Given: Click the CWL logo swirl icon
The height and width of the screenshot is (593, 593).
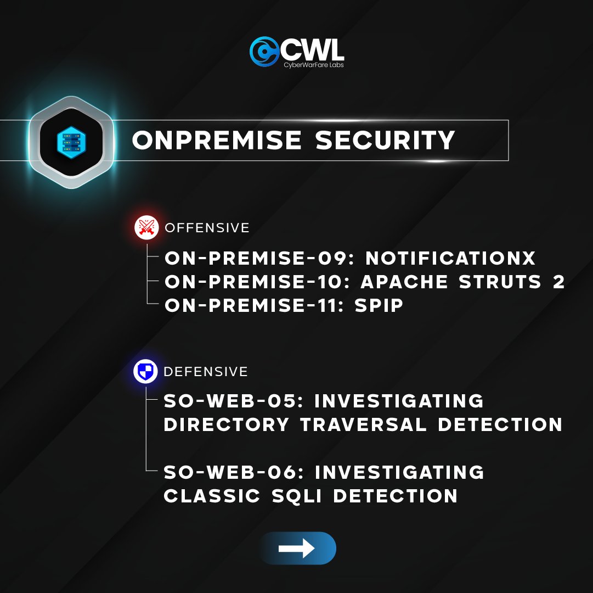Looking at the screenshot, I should [263, 51].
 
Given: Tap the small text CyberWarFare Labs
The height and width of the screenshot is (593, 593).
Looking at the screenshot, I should [314, 65].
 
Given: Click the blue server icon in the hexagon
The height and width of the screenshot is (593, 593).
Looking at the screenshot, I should [71, 141].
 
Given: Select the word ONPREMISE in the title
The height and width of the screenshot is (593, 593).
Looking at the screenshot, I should [217, 141].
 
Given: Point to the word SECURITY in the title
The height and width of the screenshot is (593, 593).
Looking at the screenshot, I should [385, 141].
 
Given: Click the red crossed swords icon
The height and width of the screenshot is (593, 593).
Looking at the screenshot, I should [146, 227].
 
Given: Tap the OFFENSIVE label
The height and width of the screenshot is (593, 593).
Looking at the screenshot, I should [207, 227].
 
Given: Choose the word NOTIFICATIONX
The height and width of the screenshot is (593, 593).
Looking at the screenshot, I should [450, 258].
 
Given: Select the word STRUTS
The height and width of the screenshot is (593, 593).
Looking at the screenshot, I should [494, 282].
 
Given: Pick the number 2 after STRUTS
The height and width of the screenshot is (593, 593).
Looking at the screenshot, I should [558, 282].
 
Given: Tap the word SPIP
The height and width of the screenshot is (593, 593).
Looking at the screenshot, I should [380, 306].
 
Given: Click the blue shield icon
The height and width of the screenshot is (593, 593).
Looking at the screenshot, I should [145, 372].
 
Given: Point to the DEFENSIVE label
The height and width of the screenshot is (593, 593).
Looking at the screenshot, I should [206, 372].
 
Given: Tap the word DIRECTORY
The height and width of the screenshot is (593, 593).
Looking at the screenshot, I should [227, 424].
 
